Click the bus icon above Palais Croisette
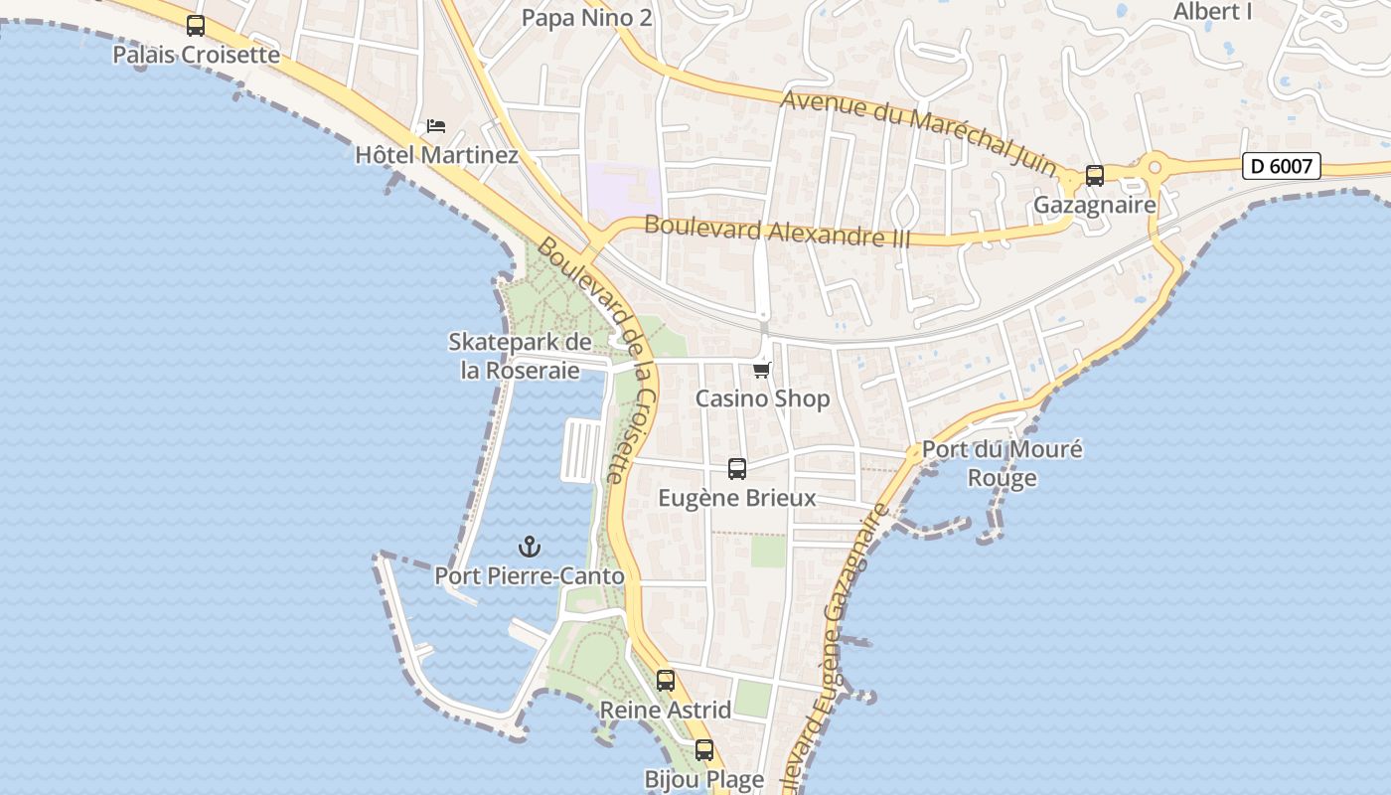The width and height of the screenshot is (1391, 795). (196, 26)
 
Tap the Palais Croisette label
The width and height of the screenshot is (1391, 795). (196, 54)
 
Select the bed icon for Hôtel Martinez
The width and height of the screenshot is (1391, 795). (435, 126)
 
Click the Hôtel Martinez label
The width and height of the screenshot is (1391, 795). (436, 155)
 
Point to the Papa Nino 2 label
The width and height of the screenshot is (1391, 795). (586, 17)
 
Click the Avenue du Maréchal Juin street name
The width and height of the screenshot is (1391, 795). (919, 131)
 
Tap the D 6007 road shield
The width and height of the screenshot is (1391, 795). (1281, 166)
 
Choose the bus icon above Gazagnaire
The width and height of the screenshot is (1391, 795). (1094, 176)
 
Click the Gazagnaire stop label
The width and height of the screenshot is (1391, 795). (1094, 205)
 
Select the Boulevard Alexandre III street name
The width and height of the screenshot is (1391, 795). (763, 231)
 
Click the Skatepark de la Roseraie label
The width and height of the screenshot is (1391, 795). (520, 356)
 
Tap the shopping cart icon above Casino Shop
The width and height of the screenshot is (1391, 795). (761, 371)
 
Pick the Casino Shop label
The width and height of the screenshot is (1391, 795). (762, 398)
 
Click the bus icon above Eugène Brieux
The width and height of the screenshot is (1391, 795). (736, 469)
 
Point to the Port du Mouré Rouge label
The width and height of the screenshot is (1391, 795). (1002, 463)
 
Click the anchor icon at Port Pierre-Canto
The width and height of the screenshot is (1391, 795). (530, 547)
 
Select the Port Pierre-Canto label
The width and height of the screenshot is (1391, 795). (530, 575)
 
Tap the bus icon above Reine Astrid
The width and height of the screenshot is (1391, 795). (666, 681)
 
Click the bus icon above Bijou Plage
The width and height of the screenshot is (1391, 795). (704, 750)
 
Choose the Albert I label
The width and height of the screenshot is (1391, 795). (1212, 12)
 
